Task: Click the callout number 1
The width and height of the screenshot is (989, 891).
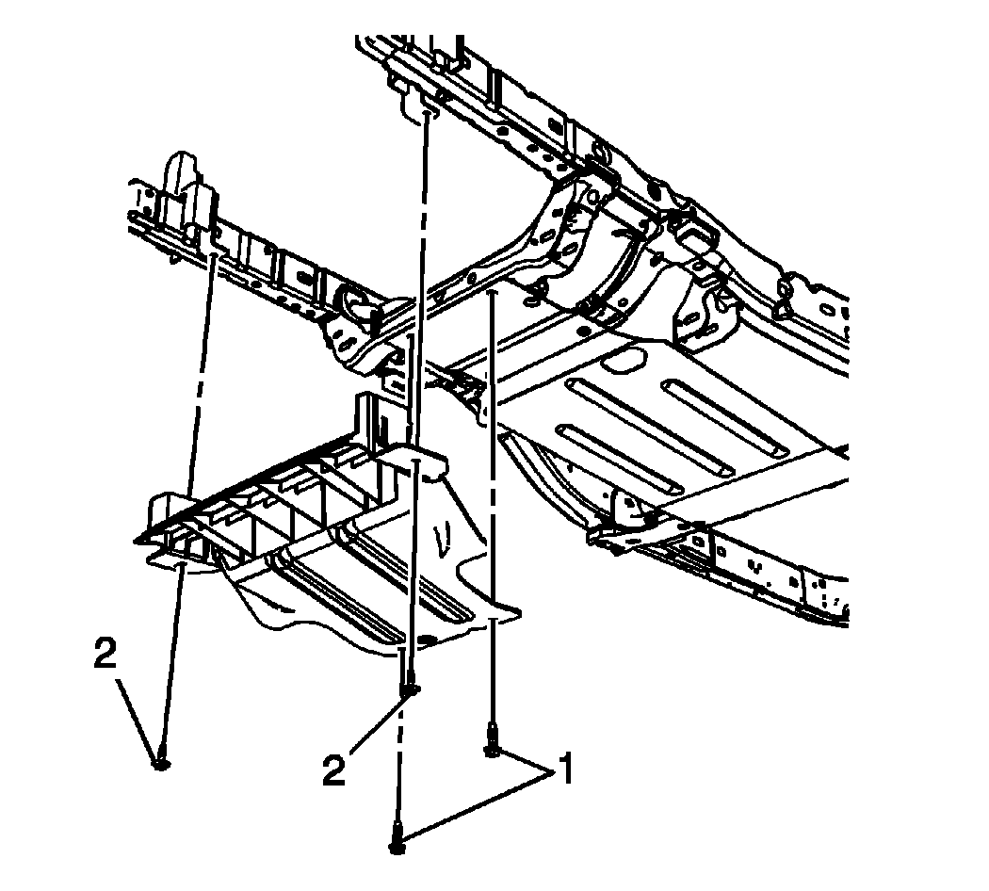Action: pyautogui.click(x=565, y=768)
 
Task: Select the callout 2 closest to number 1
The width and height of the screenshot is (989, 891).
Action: pyautogui.click(x=334, y=770)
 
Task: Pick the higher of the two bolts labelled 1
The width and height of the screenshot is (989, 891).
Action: pyautogui.click(x=492, y=743)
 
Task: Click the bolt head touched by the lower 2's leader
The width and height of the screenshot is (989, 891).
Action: pyautogui.click(x=411, y=689)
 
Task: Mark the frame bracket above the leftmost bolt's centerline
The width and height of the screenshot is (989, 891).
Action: pyautogui.click(x=192, y=208)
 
